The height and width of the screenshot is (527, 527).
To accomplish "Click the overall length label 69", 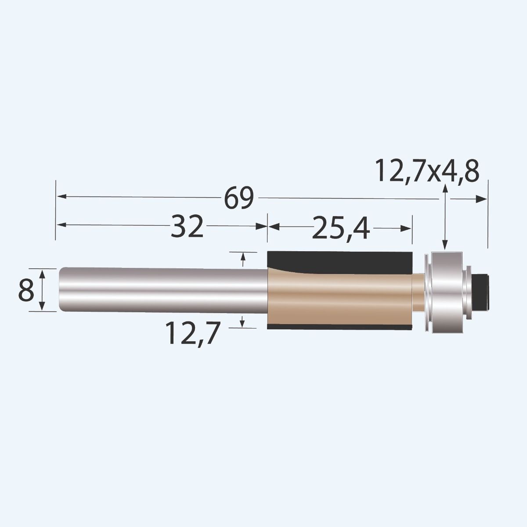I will click(x=239, y=199).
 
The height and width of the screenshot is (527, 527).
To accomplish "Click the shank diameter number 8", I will click(x=25, y=291).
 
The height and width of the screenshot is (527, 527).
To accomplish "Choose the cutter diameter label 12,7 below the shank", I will click(x=191, y=333).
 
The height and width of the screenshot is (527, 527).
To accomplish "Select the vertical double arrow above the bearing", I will click(x=445, y=217).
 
